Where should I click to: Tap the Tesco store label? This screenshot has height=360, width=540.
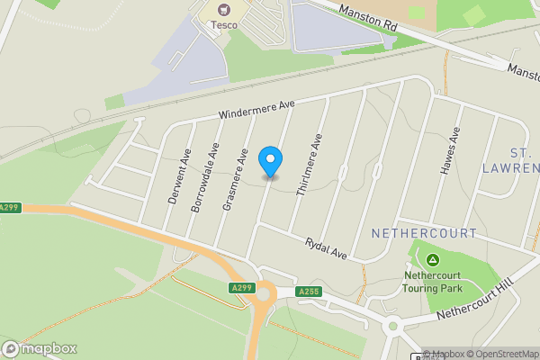[224, 25]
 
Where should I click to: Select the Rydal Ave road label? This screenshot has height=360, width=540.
[326, 247]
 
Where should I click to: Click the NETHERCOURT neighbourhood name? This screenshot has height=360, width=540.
[424, 233]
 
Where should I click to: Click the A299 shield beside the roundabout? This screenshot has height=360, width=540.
[240, 288]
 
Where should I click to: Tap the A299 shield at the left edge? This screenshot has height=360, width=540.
[9, 208]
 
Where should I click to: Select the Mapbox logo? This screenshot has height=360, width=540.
[40, 348]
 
